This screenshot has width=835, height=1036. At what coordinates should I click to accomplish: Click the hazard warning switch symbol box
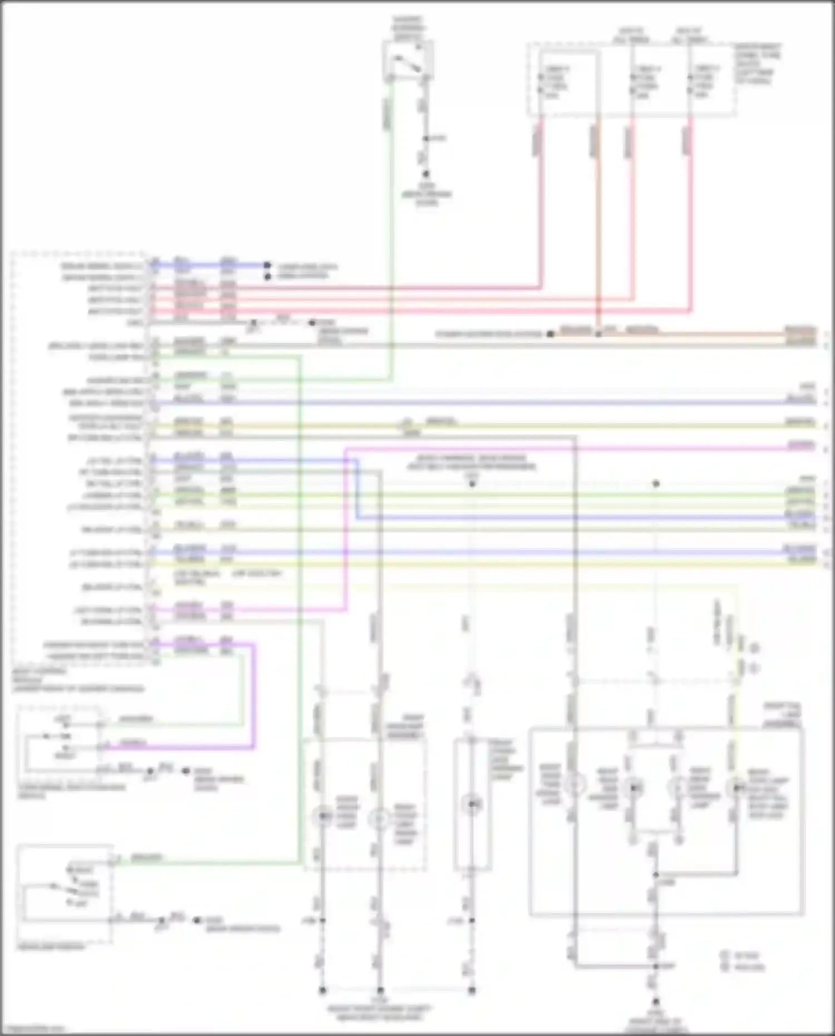click(x=408, y=61)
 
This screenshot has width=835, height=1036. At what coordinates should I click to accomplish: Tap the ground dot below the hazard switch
click(x=426, y=174)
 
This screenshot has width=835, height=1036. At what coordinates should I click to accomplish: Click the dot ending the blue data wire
click(x=267, y=266)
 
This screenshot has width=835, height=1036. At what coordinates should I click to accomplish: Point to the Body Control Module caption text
click(x=78, y=680)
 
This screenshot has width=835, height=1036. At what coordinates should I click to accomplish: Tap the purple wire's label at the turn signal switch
click(x=134, y=743)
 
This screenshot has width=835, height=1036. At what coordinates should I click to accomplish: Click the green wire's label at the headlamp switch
click(x=146, y=857)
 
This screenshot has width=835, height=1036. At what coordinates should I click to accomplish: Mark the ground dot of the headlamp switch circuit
click(x=197, y=920)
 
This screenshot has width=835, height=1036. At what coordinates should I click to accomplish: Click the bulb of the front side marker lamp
click(x=472, y=804)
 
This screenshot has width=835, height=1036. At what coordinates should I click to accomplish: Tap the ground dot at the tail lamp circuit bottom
click(x=656, y=1001)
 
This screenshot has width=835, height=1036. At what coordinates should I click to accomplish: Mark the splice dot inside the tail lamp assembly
click(x=656, y=875)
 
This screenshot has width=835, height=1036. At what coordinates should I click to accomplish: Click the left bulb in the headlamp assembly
click(x=322, y=817)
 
